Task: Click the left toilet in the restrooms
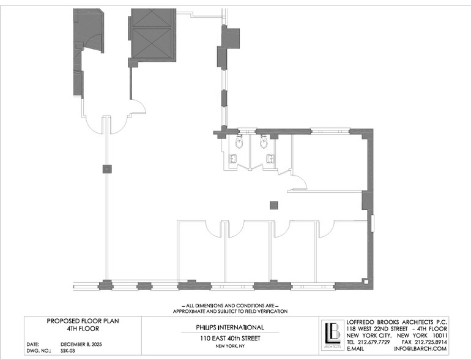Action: (239, 141)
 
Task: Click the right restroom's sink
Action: (270, 159)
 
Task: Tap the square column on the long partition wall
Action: (107, 169)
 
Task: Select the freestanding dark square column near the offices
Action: (273, 206)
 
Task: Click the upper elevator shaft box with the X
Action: (152, 17)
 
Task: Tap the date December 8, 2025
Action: (81, 344)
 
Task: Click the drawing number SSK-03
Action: (67, 351)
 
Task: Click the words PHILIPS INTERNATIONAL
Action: (230, 327)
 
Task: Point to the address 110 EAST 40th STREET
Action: (230, 339)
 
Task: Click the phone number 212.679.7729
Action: (374, 342)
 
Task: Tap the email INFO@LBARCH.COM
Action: (421, 349)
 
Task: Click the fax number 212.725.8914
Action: (431, 342)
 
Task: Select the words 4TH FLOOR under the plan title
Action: (83, 329)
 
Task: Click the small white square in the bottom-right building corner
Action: (366, 282)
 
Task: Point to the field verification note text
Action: (230, 309)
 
